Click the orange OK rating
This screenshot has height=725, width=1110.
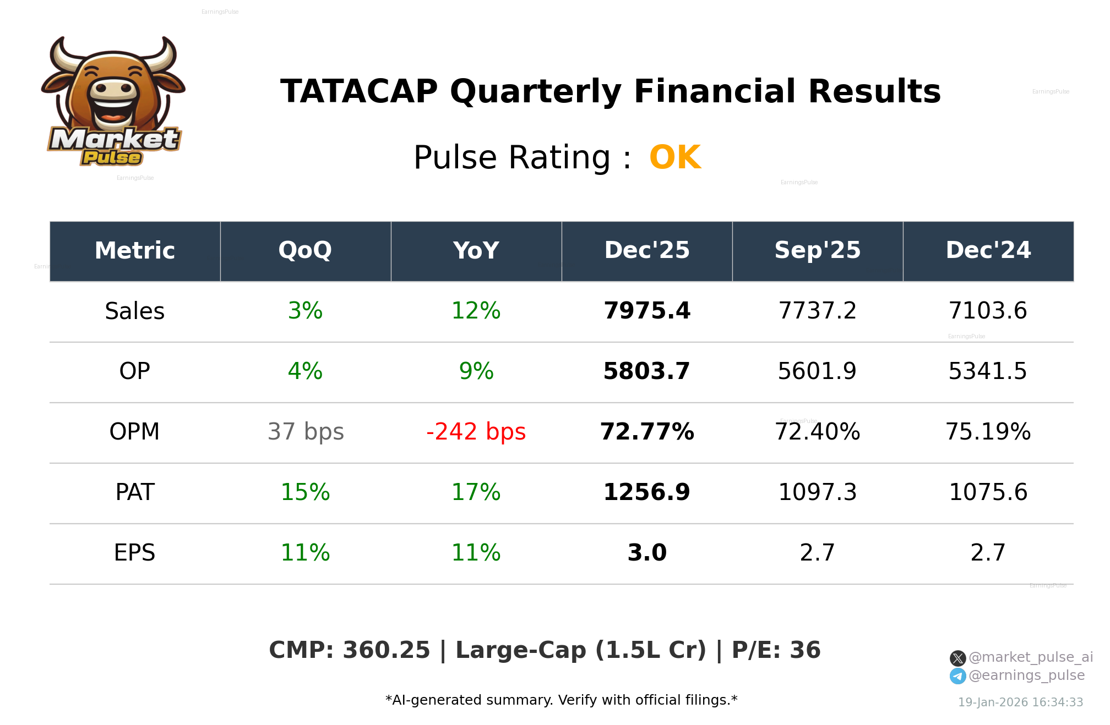(674, 157)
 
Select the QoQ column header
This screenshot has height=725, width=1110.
(305, 251)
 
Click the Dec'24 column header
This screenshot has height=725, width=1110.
(988, 251)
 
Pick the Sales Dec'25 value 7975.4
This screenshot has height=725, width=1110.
(646, 311)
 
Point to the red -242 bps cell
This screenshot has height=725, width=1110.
(476, 432)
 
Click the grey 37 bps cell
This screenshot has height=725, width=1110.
(306, 432)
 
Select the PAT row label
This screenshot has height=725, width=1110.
(135, 492)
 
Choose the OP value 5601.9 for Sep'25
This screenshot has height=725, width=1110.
(817, 371)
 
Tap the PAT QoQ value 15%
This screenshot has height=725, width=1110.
(305, 492)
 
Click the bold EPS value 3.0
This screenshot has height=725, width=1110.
(647, 553)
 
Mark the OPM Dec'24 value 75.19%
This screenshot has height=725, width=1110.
(988, 432)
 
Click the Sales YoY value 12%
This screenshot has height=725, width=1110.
(476, 311)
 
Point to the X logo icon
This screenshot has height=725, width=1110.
(957, 658)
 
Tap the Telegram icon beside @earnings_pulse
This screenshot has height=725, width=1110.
(957, 676)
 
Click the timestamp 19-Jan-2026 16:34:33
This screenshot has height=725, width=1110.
(1020, 702)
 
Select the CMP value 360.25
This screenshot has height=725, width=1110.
(386, 650)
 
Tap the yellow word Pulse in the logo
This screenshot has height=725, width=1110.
(112, 158)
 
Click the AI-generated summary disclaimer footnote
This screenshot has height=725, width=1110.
(561, 700)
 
